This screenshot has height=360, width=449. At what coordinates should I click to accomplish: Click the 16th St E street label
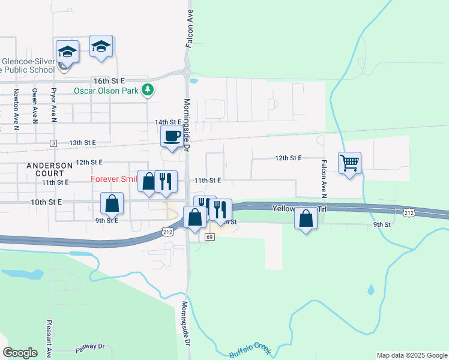(109, 80)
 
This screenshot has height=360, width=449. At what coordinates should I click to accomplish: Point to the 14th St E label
(167, 122)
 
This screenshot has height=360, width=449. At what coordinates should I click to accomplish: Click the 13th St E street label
(82, 143)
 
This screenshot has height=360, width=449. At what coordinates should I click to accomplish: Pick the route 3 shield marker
(53, 143)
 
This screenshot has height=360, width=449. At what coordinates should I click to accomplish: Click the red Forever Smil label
(114, 179)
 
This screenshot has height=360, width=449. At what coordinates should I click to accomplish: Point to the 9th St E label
(106, 220)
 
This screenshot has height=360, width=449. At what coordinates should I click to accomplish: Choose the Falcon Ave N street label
(323, 179)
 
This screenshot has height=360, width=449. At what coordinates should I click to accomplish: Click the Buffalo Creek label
(250, 350)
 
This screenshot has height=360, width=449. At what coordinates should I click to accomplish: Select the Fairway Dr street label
(90, 347)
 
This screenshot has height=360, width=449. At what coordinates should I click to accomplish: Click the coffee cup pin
(172, 136)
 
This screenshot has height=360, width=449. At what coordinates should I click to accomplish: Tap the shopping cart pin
(349, 162)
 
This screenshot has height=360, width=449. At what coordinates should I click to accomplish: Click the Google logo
(20, 353)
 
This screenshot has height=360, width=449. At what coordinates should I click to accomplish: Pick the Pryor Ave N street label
(53, 103)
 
